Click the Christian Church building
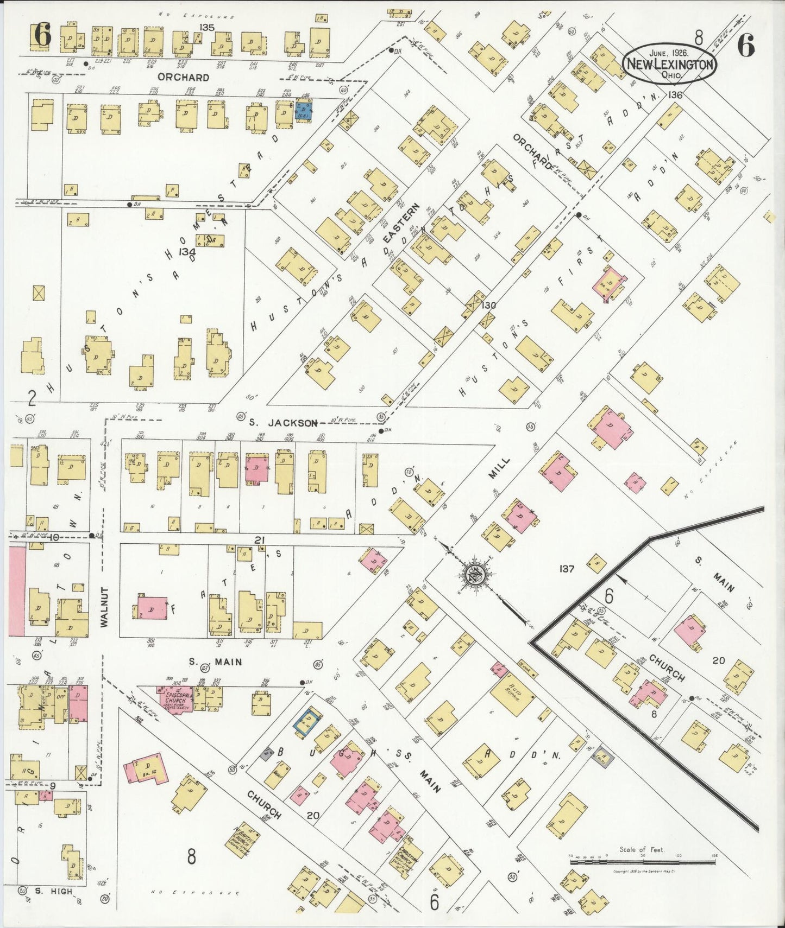point(410,859)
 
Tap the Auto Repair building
point(512,696)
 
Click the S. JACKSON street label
point(282,423)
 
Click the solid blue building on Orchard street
point(303,112)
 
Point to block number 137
point(567,569)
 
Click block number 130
point(488,306)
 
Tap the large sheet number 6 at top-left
point(42,36)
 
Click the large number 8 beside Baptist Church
point(191,857)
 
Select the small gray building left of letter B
point(267,753)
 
